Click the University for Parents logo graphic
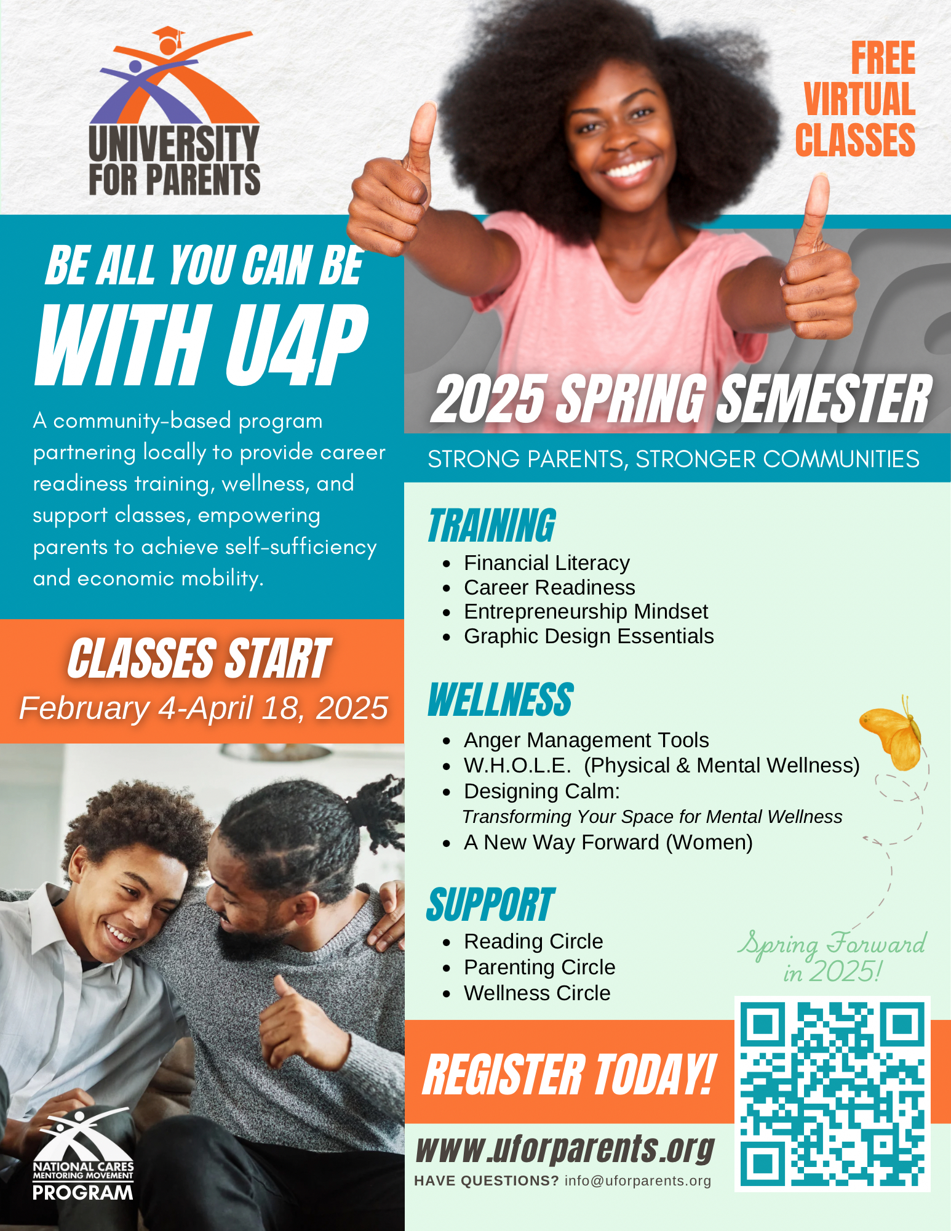pos(174,111)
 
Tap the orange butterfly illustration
pos(892,733)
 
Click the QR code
pos(832,1094)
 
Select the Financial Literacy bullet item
pos(547,563)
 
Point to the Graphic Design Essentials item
pos(589,636)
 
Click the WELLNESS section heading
pos(501,700)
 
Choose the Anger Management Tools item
pos(586,740)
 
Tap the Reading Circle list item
pos(533,941)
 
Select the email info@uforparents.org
pos(638,1181)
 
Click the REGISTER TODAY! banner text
pos(570,1074)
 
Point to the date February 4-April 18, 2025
pos(204,708)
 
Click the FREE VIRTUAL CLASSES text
pos(855,98)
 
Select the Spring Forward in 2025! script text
pos(832,956)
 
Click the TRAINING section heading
pos(492,526)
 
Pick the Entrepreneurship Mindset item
pos(586,611)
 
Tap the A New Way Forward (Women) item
pos(608,842)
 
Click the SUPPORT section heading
pos(490,905)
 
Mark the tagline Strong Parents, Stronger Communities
pos(674,459)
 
